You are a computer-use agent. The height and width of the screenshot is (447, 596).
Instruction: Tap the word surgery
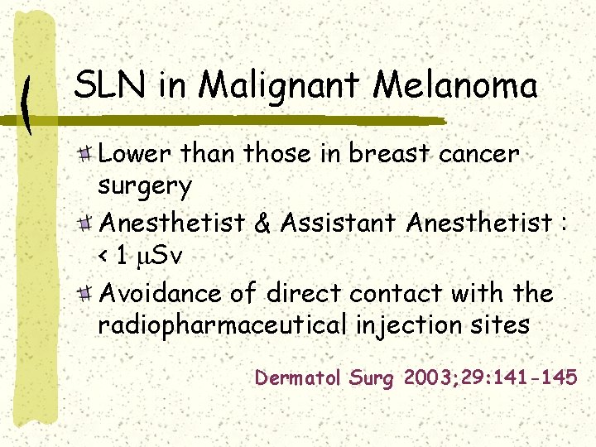click(x=145, y=186)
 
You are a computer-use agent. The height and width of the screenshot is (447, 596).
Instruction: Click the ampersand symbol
click(x=264, y=222)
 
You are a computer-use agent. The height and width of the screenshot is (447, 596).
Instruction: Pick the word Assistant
click(x=339, y=222)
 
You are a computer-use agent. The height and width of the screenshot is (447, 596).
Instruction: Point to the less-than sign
click(x=103, y=257)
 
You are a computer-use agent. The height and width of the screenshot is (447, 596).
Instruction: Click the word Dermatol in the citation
click(x=297, y=378)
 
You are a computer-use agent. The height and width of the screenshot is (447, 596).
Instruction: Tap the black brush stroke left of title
click(x=28, y=103)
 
